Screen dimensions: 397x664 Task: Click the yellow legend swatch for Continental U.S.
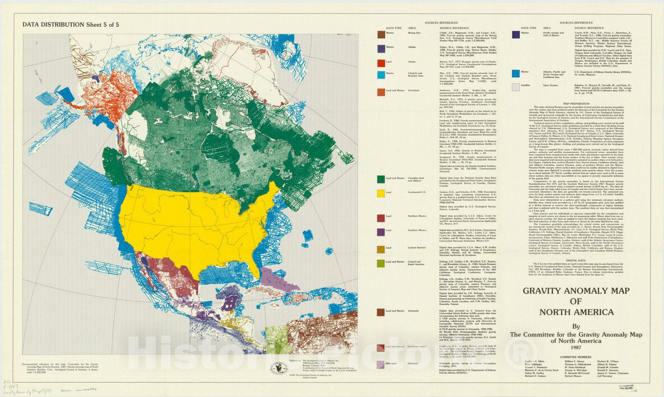tap(381, 194)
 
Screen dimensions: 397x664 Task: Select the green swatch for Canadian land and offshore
tap(381, 179)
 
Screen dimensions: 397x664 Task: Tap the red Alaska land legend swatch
tap(381, 63)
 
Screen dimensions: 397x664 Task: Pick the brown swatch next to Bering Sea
tap(381, 34)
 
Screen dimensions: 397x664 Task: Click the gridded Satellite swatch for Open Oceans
tap(515, 87)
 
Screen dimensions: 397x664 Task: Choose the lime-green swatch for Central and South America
tap(381, 264)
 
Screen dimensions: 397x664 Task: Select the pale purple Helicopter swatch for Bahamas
tap(381, 365)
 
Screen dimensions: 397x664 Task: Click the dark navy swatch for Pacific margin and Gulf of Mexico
tap(515, 34)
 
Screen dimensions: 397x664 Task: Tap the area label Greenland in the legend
tap(413, 90)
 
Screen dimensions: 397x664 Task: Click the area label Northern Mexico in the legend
tap(417, 216)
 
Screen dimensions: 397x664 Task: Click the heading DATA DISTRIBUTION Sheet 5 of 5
tap(71, 24)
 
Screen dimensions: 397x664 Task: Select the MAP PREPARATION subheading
tap(576, 104)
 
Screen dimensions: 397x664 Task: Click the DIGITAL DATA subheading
tap(576, 260)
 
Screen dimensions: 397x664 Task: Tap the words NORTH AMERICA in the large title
tap(576, 312)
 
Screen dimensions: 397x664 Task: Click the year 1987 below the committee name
tap(576, 347)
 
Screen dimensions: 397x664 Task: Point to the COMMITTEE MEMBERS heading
tap(576, 357)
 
